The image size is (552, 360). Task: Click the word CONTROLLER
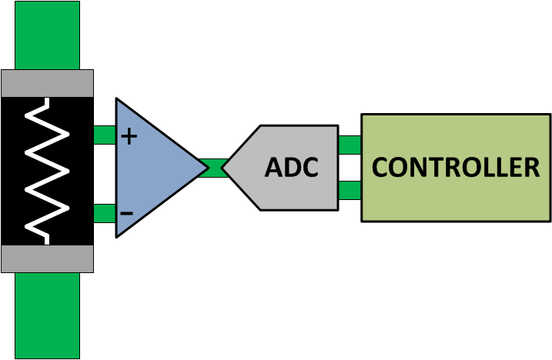(456, 167)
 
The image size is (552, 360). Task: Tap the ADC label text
(291, 168)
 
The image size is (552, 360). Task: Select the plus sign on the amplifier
(129, 137)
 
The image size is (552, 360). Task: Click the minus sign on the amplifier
(127, 212)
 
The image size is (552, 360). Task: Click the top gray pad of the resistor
(47, 83)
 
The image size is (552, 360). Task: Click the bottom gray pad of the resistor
(47, 258)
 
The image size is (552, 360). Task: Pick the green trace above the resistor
(47, 35)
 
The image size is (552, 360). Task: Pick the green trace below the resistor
(47, 315)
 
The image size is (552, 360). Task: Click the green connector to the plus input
(104, 135)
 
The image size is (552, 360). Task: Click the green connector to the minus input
(104, 213)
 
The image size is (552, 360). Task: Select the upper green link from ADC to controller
(350, 145)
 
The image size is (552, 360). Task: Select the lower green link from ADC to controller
(350, 190)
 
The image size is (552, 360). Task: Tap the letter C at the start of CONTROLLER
(381, 167)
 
